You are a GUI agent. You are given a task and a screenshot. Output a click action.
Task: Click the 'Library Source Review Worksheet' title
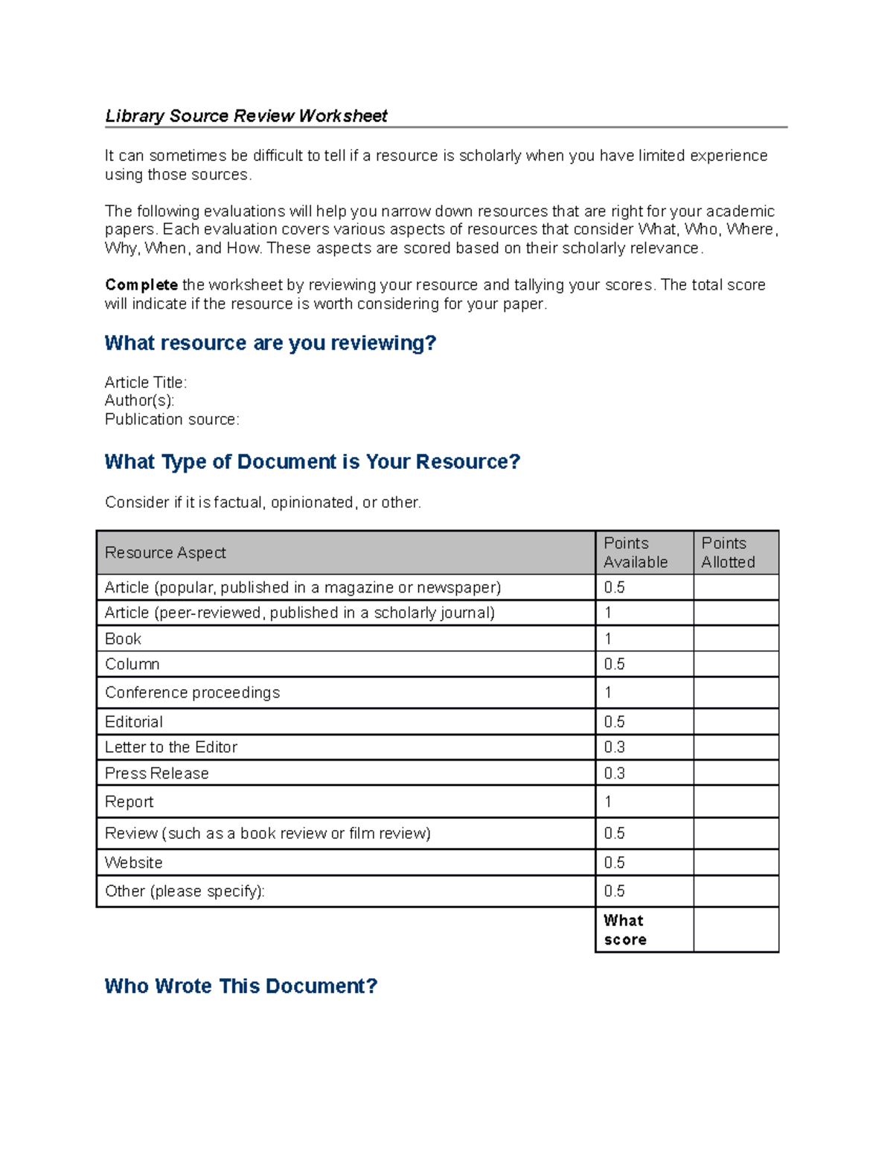tap(246, 116)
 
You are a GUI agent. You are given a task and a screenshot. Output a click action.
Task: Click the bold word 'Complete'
tap(141, 285)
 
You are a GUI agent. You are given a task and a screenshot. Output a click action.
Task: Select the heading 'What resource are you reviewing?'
tap(270, 343)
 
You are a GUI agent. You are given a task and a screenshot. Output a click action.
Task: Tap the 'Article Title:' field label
tap(146, 383)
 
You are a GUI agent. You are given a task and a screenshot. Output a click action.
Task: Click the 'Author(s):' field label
tap(140, 401)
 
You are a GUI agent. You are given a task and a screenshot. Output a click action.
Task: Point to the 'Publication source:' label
tap(172, 420)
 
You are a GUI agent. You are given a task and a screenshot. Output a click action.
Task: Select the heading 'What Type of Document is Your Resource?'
tap(312, 462)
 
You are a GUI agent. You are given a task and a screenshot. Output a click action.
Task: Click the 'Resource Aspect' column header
tap(165, 553)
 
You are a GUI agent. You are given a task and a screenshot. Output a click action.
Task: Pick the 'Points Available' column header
tap(636, 553)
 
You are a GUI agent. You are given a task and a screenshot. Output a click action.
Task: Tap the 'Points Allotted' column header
tap(728, 553)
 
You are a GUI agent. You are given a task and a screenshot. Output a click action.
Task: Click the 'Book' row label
tap(124, 639)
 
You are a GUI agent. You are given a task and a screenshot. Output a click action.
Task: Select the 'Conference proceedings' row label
tap(193, 693)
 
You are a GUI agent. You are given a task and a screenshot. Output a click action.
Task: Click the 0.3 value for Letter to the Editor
tap(615, 747)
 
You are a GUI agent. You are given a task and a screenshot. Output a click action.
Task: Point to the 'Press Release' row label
tap(157, 773)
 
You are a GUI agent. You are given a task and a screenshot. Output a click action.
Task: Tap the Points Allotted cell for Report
tap(736, 802)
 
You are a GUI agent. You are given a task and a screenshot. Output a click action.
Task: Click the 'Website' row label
tap(134, 863)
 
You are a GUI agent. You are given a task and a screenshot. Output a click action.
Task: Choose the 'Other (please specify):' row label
tap(185, 892)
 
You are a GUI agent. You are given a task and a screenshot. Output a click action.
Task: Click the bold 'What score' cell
tap(625, 930)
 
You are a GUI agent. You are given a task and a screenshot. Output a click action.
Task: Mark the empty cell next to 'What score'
tap(736, 930)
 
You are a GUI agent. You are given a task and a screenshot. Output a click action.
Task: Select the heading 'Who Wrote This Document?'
tap(241, 986)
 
